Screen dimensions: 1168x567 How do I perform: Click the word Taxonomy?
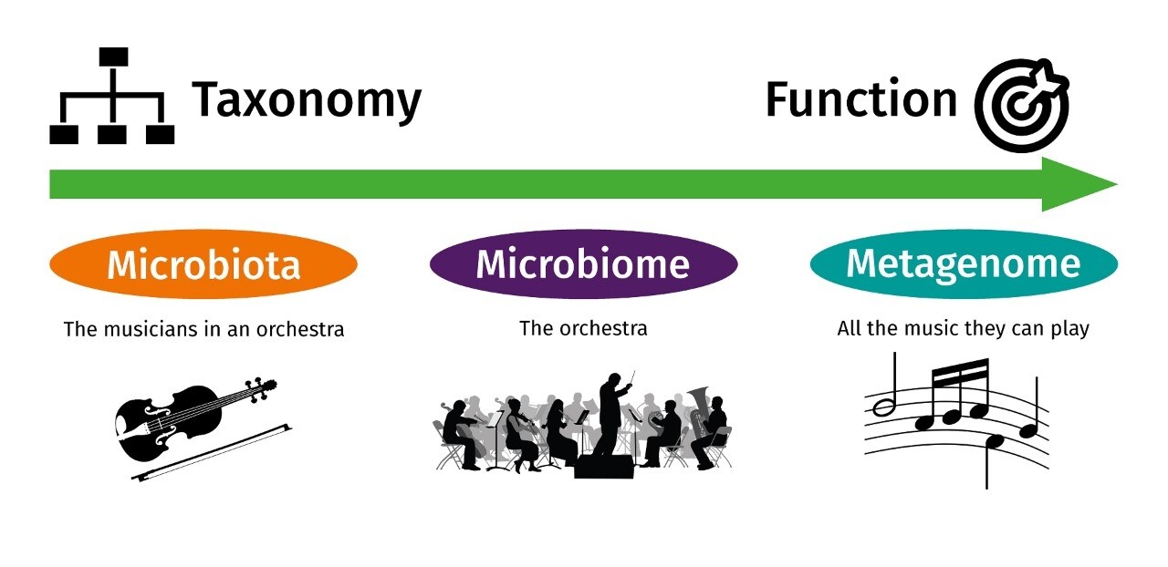(307, 101)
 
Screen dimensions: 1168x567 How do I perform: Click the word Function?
(860, 98)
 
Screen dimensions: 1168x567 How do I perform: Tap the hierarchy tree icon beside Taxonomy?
(112, 96)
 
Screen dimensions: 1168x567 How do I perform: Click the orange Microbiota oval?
(203, 264)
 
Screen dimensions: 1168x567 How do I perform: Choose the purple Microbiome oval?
(583, 264)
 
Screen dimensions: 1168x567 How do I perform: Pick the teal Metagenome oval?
(964, 264)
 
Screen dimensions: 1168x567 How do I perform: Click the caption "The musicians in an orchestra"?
(203, 330)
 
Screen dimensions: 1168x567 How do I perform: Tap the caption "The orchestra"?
(583, 329)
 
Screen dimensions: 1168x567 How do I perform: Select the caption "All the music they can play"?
(963, 329)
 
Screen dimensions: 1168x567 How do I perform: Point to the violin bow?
(211, 452)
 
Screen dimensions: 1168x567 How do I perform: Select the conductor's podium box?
(604, 467)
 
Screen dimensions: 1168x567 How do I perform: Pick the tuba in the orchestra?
(699, 412)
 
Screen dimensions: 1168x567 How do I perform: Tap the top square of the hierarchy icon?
(114, 57)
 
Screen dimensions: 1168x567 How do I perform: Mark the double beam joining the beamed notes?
(960, 371)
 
